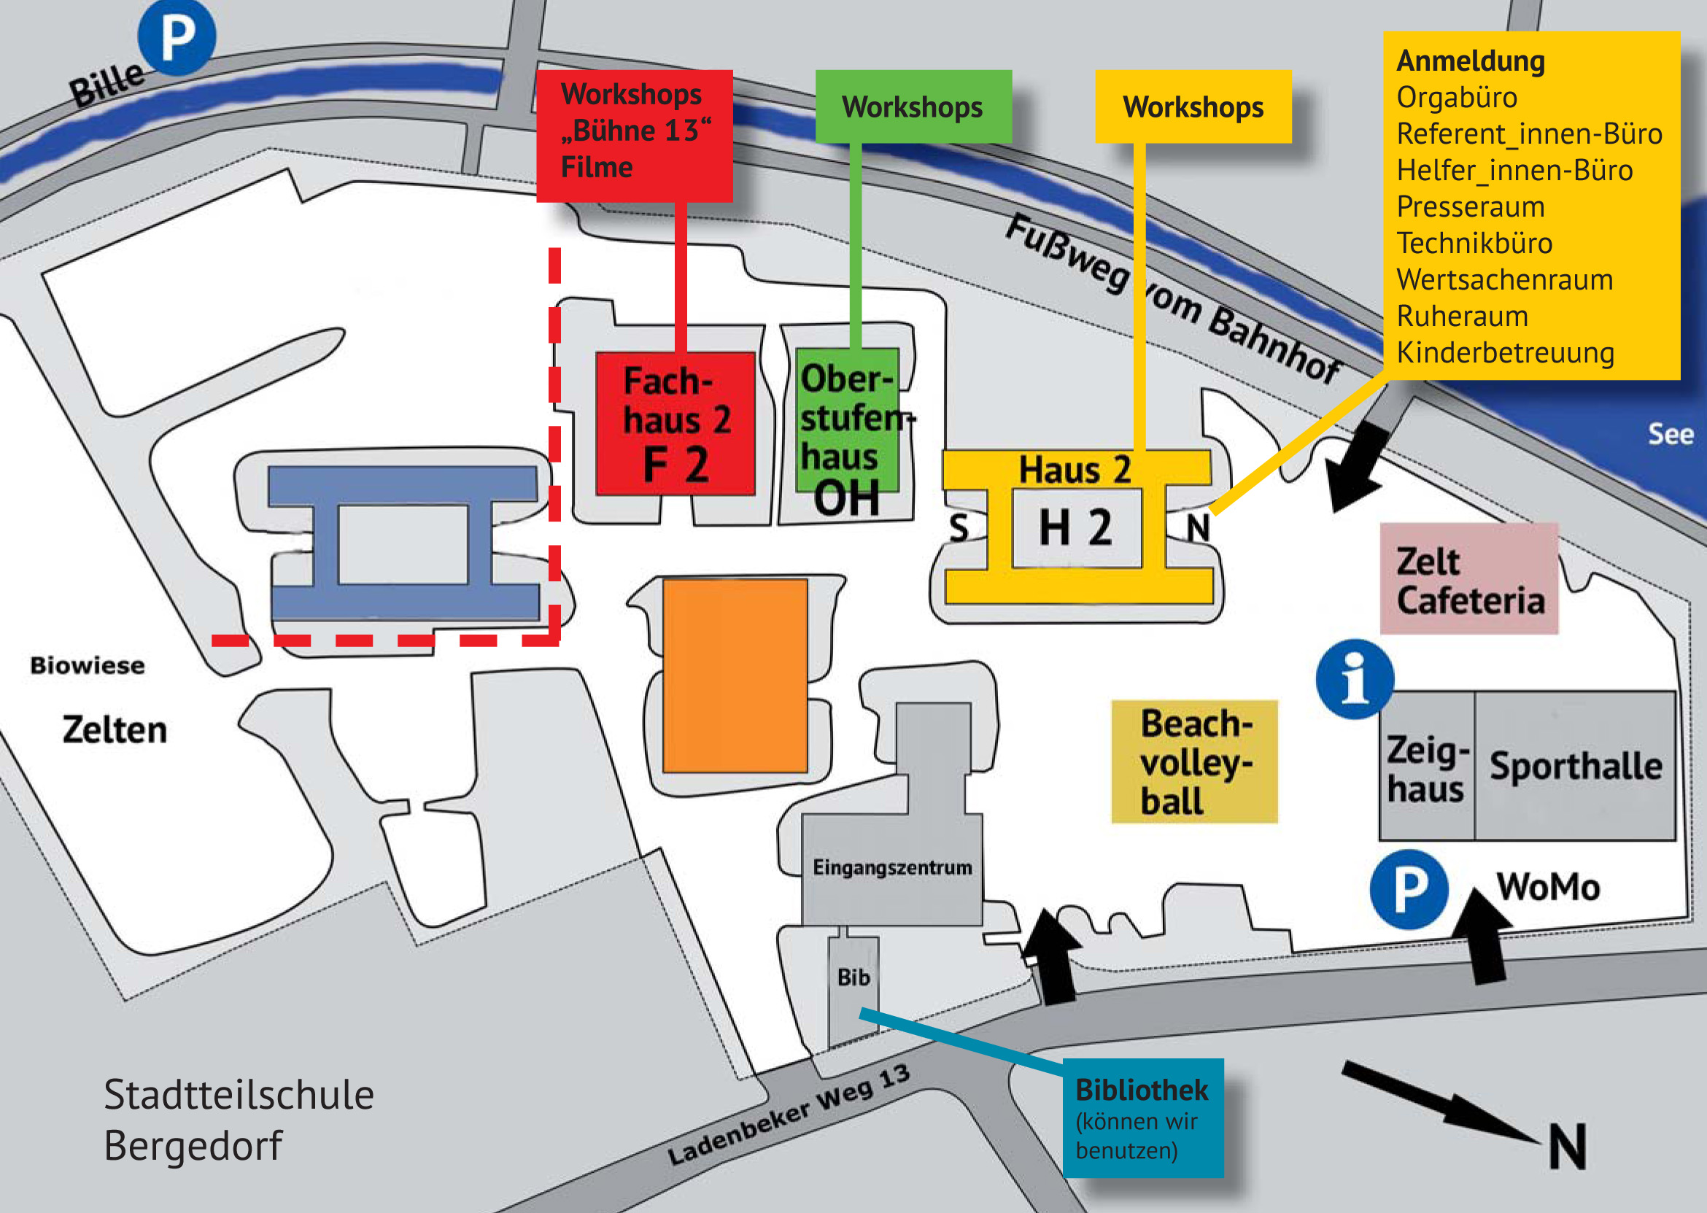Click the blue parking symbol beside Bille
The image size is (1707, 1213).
177,37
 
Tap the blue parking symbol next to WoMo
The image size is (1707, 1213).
1409,890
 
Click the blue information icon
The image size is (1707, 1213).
1355,679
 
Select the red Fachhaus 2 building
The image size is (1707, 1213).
676,424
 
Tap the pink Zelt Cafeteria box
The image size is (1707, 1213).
1468,579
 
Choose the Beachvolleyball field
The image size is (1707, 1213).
1194,761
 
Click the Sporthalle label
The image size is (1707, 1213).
1576,767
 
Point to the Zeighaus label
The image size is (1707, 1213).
1427,770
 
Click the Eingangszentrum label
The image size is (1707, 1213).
893,868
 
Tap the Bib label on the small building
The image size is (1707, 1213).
853,977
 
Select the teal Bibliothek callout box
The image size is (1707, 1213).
1143,1118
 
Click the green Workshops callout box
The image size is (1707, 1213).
913,106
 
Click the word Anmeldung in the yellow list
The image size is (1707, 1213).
1470,61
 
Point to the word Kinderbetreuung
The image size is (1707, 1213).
1506,352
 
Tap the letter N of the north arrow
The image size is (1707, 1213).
1567,1147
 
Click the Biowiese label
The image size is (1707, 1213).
88,665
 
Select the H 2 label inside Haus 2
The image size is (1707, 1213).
1076,527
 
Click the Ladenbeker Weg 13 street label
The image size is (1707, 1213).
789,1115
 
